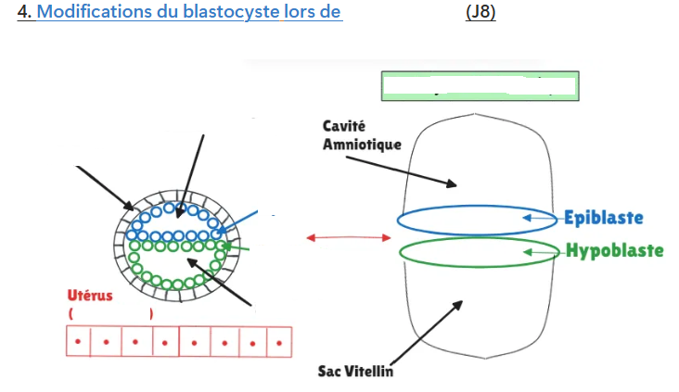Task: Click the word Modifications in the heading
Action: (x=95, y=12)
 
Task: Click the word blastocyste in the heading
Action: (x=231, y=13)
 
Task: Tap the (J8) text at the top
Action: (x=480, y=12)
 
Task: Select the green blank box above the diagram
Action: (x=480, y=86)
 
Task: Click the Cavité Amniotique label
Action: (x=362, y=135)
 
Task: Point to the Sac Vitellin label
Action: (x=355, y=372)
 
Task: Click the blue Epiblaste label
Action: (x=604, y=218)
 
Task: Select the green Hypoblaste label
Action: (x=615, y=250)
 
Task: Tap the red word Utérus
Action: (x=90, y=296)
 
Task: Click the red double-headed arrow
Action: (x=349, y=237)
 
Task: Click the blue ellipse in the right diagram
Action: (x=477, y=206)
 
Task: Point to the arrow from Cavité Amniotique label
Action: (x=402, y=171)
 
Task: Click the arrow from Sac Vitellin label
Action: (x=427, y=334)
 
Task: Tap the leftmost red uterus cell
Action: (x=78, y=341)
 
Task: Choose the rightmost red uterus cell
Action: (x=279, y=342)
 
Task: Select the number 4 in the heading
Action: (x=24, y=12)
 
